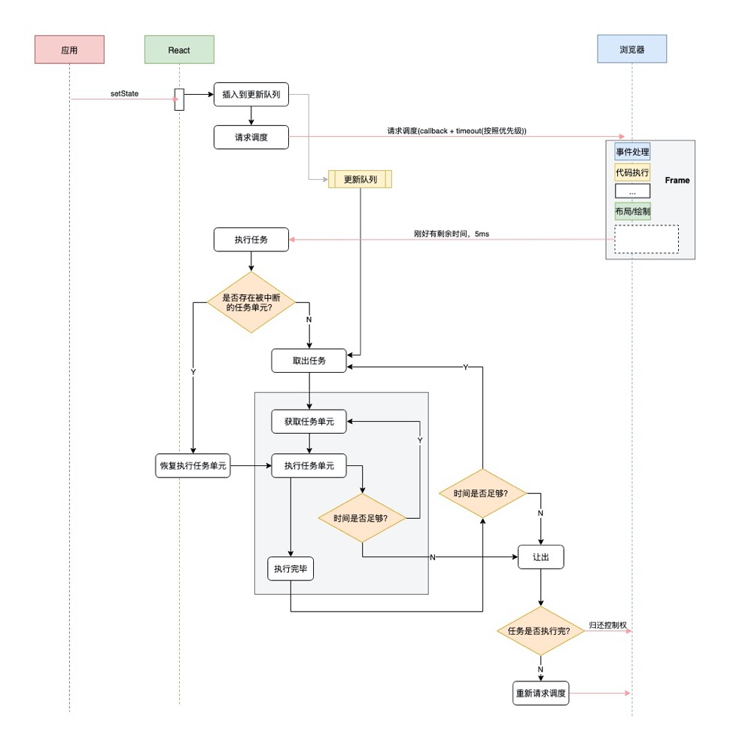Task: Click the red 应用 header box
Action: click(x=69, y=50)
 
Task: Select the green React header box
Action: click(x=179, y=50)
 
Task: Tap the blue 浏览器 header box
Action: click(x=631, y=50)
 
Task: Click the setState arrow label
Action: click(x=124, y=93)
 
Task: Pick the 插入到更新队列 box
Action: click(x=251, y=95)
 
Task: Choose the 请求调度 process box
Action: click(x=251, y=137)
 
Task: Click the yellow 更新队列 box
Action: click(x=360, y=179)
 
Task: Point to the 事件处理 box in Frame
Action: click(x=632, y=151)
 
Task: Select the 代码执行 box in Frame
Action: click(x=632, y=172)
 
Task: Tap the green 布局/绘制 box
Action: click(x=632, y=212)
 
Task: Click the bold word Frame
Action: click(x=677, y=181)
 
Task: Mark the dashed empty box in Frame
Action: click(x=646, y=239)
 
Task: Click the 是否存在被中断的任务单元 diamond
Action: click(x=251, y=303)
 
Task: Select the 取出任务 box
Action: click(x=309, y=360)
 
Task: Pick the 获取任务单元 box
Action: click(x=309, y=422)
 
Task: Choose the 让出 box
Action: click(x=540, y=556)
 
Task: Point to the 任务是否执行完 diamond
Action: click(x=540, y=631)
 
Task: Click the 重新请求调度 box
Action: click(x=540, y=693)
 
